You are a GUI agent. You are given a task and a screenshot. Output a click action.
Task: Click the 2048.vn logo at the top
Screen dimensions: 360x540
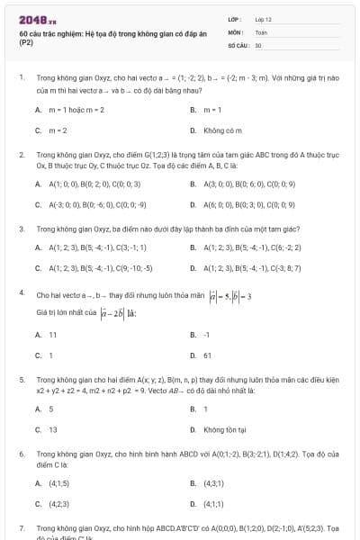37,20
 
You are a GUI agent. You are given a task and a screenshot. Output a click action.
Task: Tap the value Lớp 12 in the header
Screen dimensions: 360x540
264,18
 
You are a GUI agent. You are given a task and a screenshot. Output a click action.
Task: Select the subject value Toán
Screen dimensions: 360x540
261,31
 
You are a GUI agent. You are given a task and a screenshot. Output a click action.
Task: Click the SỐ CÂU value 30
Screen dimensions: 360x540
258,44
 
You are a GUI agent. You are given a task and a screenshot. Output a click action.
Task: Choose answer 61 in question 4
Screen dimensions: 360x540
208,355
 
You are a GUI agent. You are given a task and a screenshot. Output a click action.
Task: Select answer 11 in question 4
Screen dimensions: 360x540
53,334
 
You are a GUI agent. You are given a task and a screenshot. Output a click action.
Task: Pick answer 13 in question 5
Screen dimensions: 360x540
53,429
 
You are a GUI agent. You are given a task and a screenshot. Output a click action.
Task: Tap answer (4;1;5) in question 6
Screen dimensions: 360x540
59,482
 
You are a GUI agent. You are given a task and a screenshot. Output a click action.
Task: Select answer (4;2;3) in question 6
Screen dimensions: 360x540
59,504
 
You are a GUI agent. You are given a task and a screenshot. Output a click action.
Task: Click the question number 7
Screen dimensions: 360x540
21,527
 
